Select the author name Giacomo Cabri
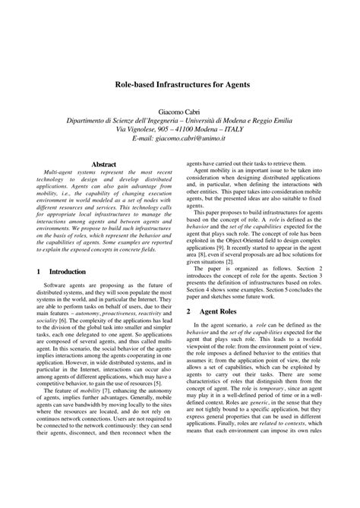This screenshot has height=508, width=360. [179, 110]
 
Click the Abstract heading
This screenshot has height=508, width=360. [103, 164]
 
